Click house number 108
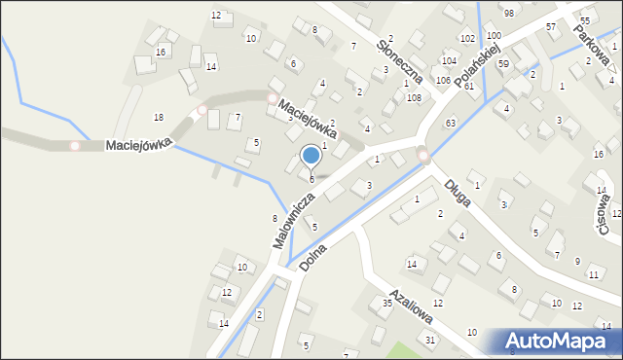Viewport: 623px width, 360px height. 414,97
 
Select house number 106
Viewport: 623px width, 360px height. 443,80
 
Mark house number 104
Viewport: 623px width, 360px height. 449,60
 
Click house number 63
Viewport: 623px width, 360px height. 450,124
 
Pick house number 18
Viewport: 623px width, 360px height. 159,117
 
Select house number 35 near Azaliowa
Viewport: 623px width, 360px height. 386,304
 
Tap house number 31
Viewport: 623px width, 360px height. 429,340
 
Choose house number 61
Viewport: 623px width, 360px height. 469,87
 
